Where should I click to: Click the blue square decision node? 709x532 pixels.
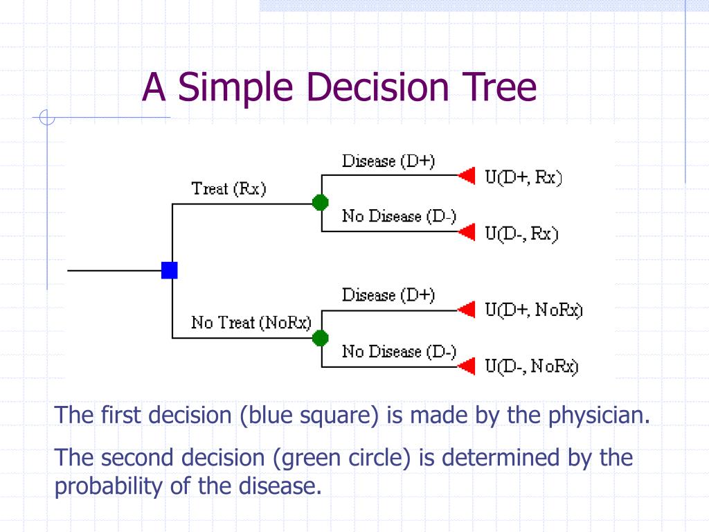tap(170, 270)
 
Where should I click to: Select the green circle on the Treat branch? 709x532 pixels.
tap(320, 202)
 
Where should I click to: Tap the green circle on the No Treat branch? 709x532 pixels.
tap(320, 337)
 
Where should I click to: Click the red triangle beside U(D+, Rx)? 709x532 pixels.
tap(468, 175)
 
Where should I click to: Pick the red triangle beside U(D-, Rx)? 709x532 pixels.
tap(468, 231)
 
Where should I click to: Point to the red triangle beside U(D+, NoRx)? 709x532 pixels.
tap(468, 310)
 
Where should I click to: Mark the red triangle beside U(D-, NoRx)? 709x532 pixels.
tap(468, 365)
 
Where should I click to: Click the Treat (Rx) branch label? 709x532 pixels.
tap(228, 189)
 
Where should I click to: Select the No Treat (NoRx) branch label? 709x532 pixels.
tap(251, 323)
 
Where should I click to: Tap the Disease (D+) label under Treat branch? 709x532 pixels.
tap(388, 161)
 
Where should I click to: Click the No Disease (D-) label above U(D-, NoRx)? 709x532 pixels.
tap(400, 352)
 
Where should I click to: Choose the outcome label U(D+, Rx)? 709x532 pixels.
tap(523, 178)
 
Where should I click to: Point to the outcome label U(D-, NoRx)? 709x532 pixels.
tap(532, 367)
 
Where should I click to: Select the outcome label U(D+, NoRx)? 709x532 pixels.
tap(534, 310)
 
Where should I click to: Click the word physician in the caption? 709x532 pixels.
tap(600, 416)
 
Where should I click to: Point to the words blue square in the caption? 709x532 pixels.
tap(309, 416)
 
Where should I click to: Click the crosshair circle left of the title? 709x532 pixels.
tap(47, 118)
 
